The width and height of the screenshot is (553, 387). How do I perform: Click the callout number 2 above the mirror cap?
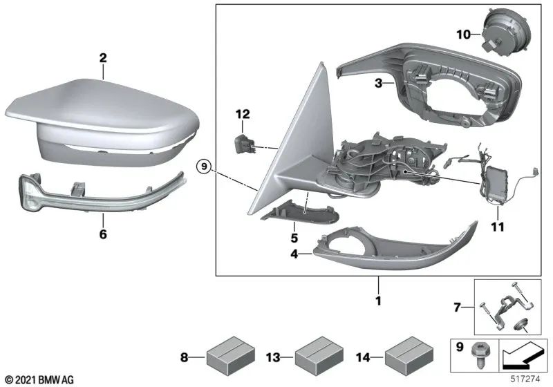coord(102,58)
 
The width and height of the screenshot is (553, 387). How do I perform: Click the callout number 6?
coord(103,234)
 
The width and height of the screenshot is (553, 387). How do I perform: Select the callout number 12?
coord(242,113)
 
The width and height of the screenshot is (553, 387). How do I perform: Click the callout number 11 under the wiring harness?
coord(498,226)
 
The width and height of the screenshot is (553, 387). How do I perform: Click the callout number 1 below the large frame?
coord(377,301)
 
